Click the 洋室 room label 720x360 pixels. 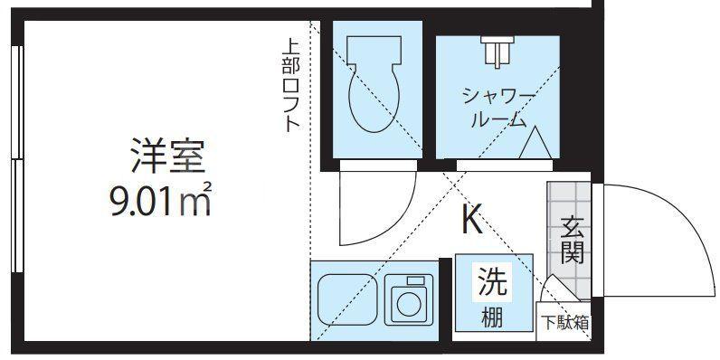coord(167,156)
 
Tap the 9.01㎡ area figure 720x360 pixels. coord(161,200)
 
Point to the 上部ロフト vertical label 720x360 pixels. coord(290,85)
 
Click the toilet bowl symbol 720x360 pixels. coord(374,98)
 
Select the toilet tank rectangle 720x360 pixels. coord(374,50)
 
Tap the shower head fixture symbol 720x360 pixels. coord(497,52)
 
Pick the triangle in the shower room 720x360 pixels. coord(535,143)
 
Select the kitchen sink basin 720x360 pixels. coord(347,299)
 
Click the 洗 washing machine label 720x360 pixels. coord(492,282)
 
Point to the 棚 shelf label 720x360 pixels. coord(492,317)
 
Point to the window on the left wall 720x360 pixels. coord(17,159)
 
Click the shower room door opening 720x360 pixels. coord(505,166)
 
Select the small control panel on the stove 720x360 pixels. coord(416,281)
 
